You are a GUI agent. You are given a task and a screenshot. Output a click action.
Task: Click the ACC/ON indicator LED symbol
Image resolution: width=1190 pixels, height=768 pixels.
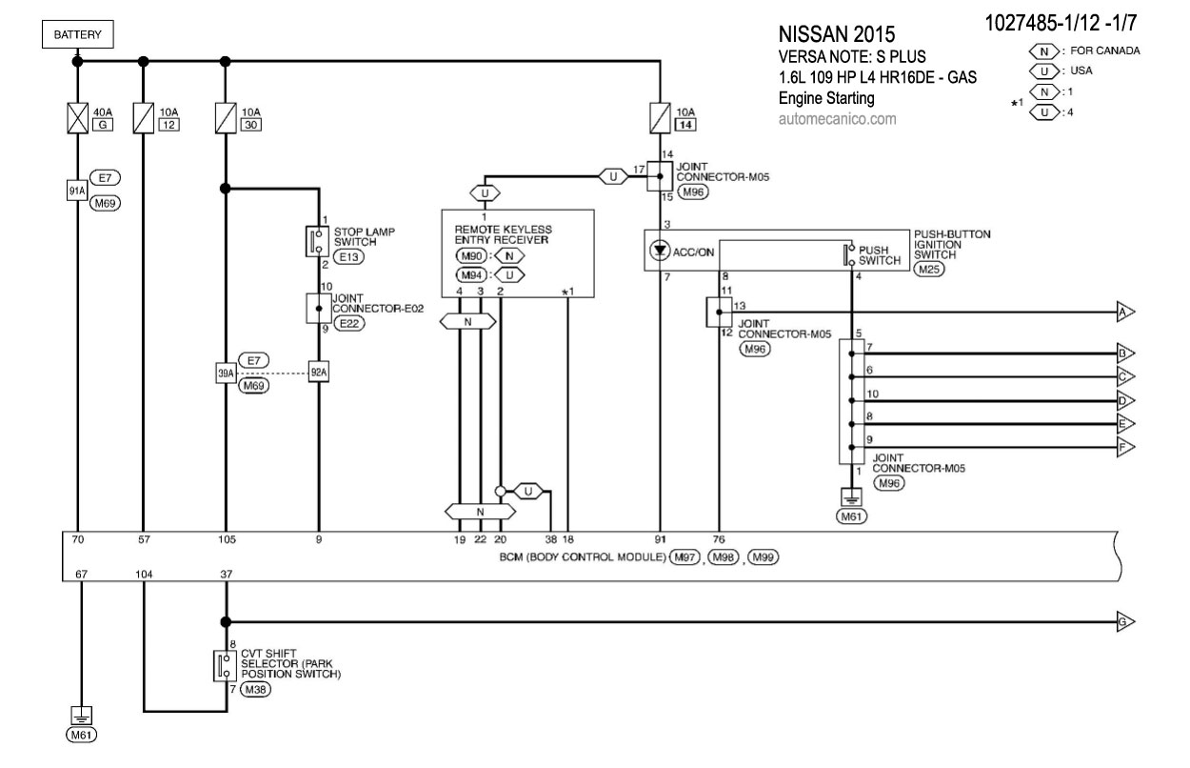click(x=659, y=252)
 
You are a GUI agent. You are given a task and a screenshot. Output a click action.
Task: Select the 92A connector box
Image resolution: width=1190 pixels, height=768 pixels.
click(x=318, y=373)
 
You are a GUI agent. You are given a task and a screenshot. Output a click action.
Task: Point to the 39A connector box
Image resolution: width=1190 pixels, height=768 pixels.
click(x=226, y=373)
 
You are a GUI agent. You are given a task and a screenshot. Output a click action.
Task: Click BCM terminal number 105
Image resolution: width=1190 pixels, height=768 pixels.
click(x=227, y=540)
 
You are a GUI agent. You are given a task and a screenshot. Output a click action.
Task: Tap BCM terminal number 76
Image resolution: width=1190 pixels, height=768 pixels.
click(x=720, y=540)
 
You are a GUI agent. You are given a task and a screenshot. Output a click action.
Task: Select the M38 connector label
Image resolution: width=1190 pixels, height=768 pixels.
click(x=255, y=690)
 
